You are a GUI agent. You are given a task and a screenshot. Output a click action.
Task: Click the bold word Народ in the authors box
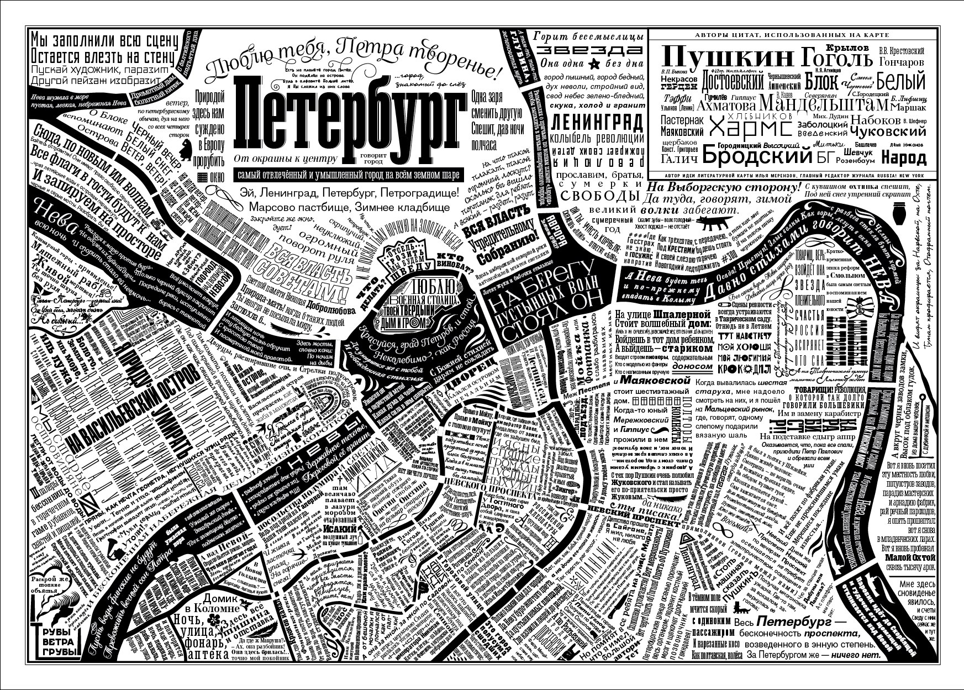pyautogui.click(x=903, y=159)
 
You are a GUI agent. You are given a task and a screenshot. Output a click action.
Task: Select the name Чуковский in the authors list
pyautogui.click(x=887, y=132)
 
